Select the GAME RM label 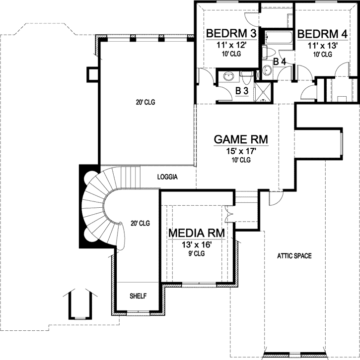click(241, 140)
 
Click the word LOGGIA click(168, 177)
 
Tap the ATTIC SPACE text click(294, 256)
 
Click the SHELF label click(138, 296)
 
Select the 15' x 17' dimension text click(241, 151)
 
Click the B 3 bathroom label click(242, 91)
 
